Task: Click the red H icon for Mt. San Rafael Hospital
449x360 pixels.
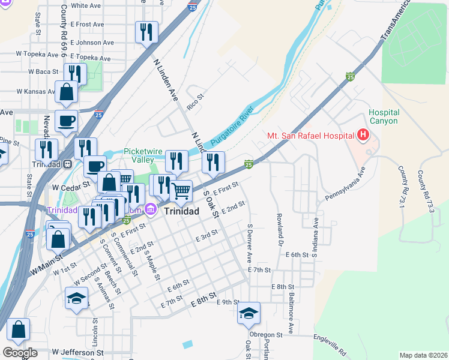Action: click(363, 136)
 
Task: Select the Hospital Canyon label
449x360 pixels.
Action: click(383, 116)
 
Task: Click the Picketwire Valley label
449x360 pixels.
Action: click(143, 156)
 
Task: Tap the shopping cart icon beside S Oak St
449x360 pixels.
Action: click(181, 191)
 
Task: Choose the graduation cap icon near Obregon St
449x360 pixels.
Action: click(249, 313)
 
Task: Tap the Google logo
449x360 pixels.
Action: click(20, 353)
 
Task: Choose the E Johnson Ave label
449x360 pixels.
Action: click(92, 43)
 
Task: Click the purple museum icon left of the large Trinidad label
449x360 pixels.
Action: click(151, 209)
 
